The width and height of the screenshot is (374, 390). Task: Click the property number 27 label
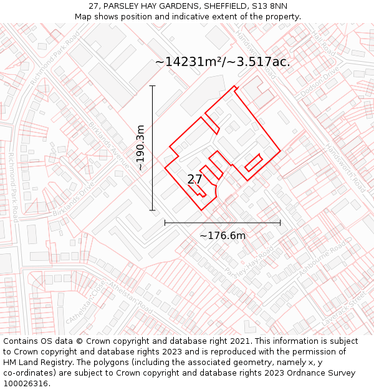[194, 179]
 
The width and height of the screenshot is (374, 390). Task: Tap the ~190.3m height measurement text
[140, 148]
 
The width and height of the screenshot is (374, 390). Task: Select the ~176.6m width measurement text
[223, 235]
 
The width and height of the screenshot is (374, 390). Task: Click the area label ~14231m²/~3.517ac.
[223, 62]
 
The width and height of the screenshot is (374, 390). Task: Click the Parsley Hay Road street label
[249, 262]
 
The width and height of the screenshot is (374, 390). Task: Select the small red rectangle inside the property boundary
[252, 163]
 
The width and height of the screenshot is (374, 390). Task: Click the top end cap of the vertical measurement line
[152, 85]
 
